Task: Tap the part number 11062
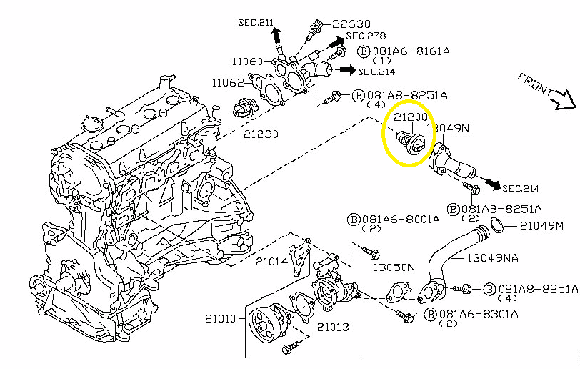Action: pyautogui.click(x=229, y=83)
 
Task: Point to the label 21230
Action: pyautogui.click(x=260, y=133)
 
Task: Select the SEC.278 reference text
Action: pyautogui.click(x=366, y=36)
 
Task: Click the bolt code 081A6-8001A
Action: pyautogui.click(x=399, y=220)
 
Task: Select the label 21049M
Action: pyautogui.click(x=541, y=226)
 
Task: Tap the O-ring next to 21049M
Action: pyautogui.click(x=499, y=227)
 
